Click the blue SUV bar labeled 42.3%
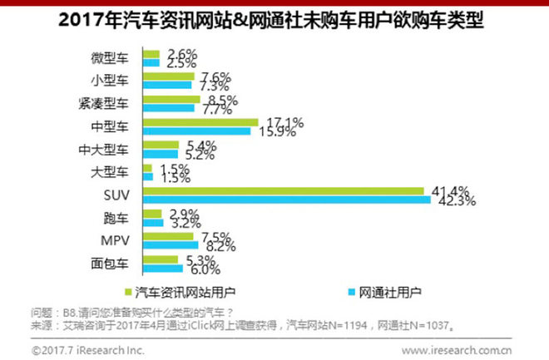[x=287, y=200]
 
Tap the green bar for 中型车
[x=200, y=122]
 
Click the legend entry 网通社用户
[x=389, y=292]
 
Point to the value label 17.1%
[x=276, y=122]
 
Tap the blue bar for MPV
[x=171, y=245]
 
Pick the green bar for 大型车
[x=148, y=168]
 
